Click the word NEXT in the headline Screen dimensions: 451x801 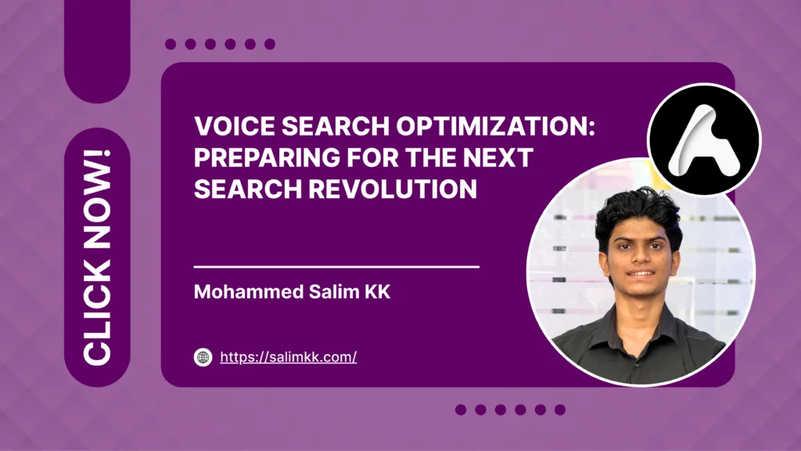pyautogui.click(x=496, y=158)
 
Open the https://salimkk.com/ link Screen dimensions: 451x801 pyautogui.click(x=288, y=357)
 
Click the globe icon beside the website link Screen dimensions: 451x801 pyautogui.click(x=203, y=357)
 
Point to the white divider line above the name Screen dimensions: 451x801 pyautogui.click(x=336, y=267)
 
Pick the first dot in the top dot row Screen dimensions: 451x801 pyautogui.click(x=171, y=45)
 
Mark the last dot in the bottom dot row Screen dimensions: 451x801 pyautogui.click(x=560, y=410)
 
